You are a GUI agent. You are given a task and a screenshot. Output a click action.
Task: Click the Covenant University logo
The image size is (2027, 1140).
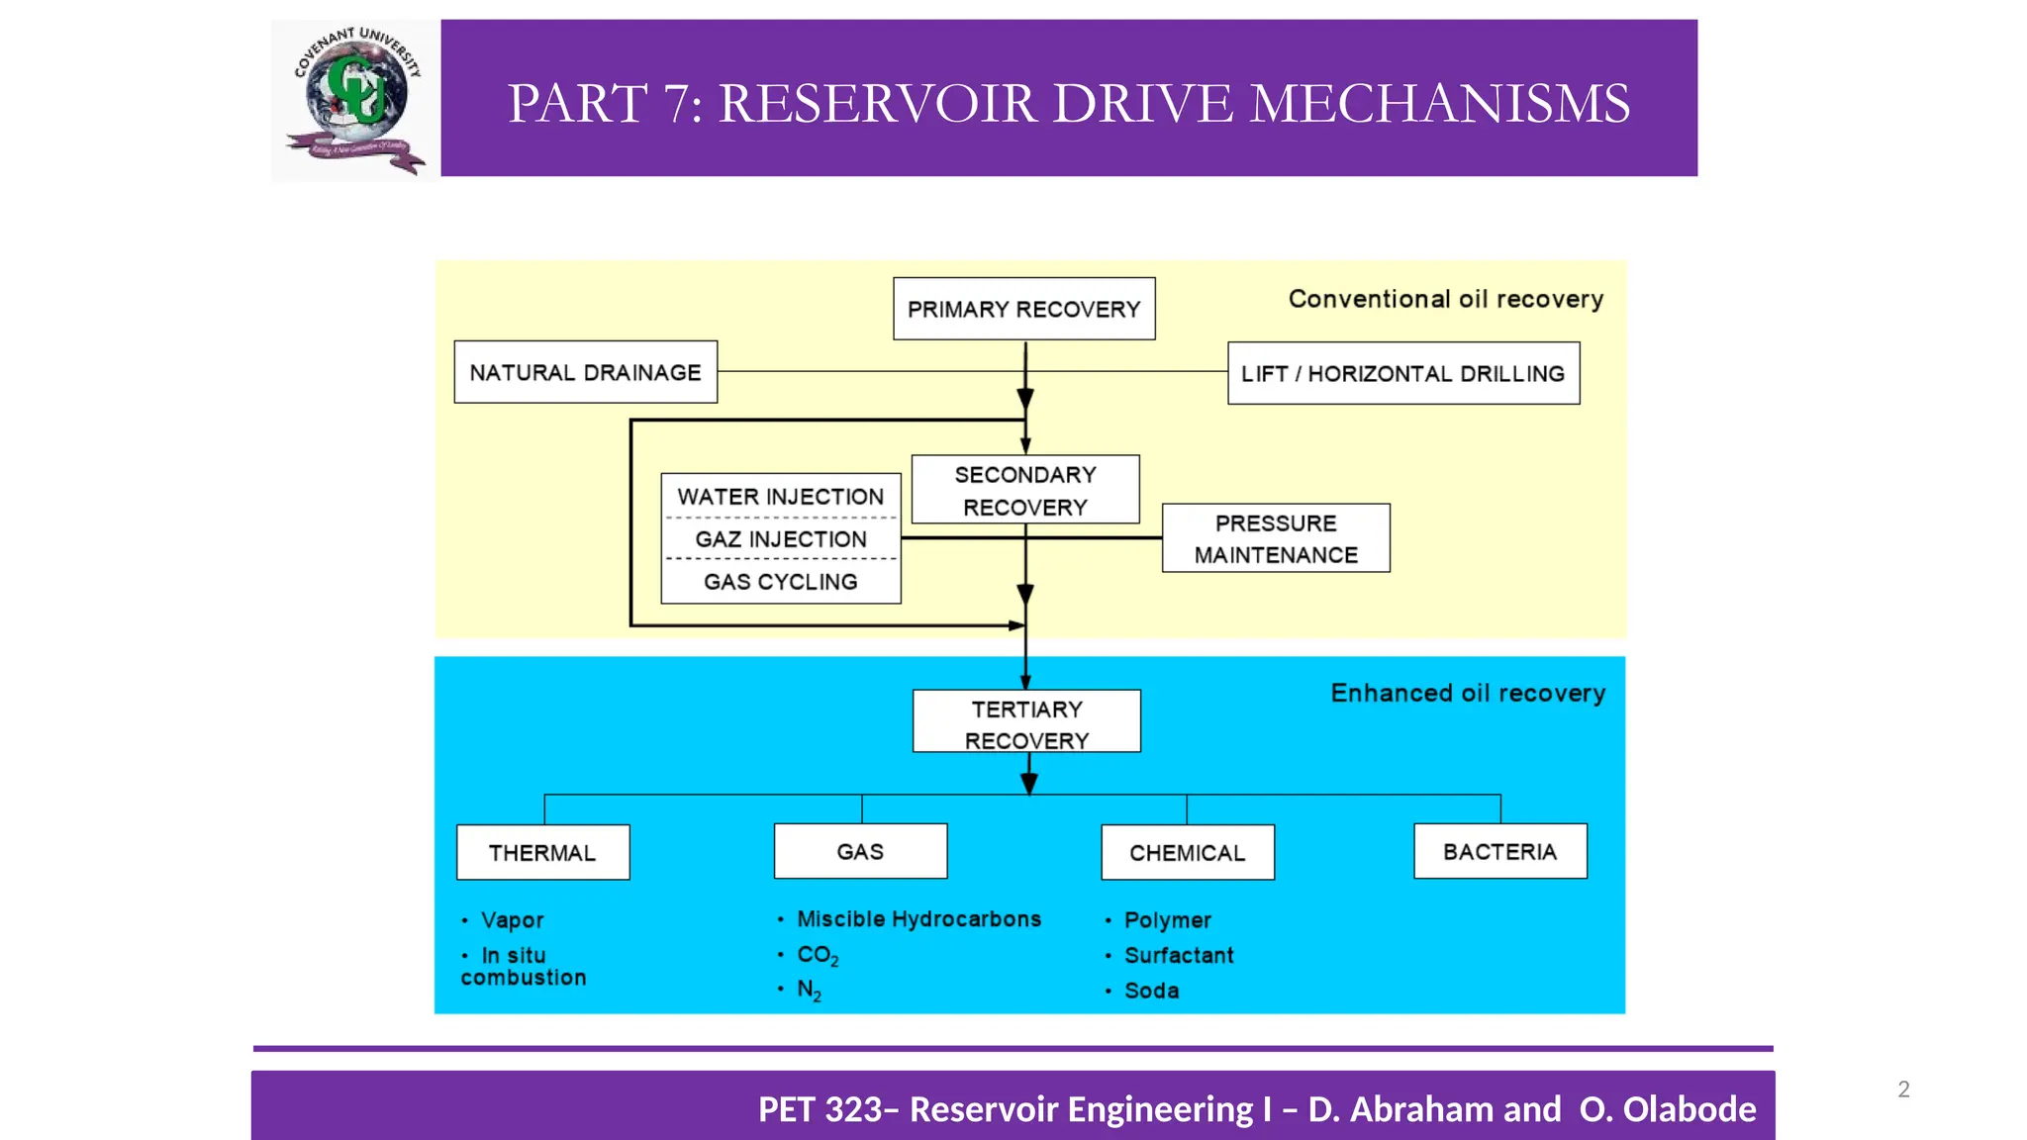click(355, 100)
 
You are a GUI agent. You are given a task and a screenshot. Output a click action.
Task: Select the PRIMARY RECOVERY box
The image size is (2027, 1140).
click(1023, 309)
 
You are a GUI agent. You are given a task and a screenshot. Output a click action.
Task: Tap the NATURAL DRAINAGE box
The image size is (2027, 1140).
click(585, 372)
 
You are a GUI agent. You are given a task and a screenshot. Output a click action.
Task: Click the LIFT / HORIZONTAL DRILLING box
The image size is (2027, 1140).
click(1402, 373)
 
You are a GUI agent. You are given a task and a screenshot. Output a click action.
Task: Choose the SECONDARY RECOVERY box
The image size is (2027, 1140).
click(1024, 490)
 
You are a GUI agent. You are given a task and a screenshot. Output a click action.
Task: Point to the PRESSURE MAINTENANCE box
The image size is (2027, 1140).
click(1275, 538)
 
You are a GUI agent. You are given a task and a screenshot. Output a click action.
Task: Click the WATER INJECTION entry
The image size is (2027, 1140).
click(780, 497)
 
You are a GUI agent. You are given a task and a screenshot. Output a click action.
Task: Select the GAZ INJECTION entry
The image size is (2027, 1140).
click(780, 539)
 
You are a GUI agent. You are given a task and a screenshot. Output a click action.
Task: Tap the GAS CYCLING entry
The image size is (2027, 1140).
click(780, 582)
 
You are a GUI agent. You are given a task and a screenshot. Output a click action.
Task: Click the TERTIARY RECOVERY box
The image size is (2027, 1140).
click(1026, 722)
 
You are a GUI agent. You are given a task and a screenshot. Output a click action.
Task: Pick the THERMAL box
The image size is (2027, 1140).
click(542, 852)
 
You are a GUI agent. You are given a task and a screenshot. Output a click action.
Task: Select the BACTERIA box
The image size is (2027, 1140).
click(1499, 851)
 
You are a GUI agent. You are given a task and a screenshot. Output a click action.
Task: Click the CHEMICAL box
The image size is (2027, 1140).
click(1187, 852)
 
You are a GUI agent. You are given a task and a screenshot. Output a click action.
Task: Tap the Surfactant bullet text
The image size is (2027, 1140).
click(1178, 955)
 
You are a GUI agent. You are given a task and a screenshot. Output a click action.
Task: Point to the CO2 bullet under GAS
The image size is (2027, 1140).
click(818, 955)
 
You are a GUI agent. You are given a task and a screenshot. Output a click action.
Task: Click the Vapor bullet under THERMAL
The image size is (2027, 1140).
click(512, 919)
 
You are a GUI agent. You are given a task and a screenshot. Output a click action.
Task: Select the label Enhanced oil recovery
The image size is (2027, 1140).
click(1467, 693)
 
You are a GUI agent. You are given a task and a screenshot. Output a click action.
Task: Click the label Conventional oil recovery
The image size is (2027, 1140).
click(1445, 299)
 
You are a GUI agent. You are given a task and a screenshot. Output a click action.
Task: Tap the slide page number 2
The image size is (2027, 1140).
click(1903, 1090)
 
